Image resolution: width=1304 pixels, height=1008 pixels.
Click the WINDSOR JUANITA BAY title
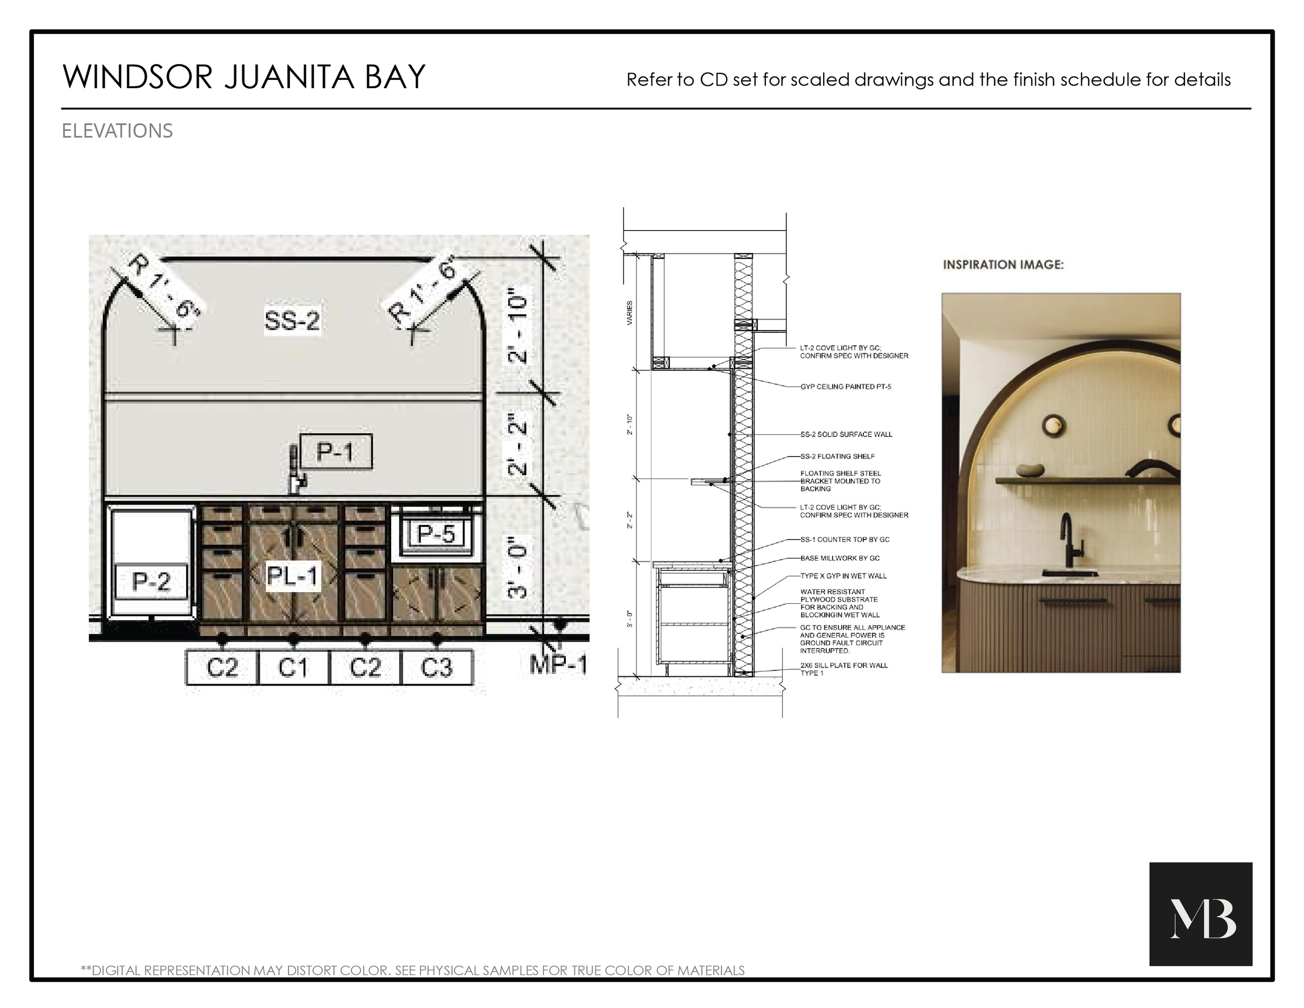click(x=244, y=77)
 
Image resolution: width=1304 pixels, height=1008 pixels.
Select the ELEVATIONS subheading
click(x=117, y=131)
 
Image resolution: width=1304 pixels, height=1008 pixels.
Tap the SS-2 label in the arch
click(x=292, y=321)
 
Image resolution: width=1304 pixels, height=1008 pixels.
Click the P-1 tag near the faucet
click(x=335, y=451)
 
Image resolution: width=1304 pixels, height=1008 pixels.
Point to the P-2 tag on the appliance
click(x=151, y=581)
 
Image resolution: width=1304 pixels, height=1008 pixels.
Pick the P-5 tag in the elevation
click(x=436, y=533)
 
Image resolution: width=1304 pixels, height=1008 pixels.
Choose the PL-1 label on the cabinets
click(x=292, y=576)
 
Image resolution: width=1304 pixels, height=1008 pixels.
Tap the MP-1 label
click(x=558, y=665)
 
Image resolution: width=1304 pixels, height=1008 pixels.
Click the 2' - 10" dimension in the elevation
click(x=517, y=329)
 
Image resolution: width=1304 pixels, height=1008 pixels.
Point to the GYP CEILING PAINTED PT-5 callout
click(x=846, y=387)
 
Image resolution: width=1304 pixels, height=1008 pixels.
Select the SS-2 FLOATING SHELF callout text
click(x=837, y=456)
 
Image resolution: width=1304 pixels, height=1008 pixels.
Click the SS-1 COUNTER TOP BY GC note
click(x=845, y=539)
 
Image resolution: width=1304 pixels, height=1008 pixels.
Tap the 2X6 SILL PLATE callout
click(x=843, y=669)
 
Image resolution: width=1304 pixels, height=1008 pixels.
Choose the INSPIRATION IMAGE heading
click(x=1003, y=265)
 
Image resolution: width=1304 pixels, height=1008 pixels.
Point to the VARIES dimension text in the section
click(x=630, y=313)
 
